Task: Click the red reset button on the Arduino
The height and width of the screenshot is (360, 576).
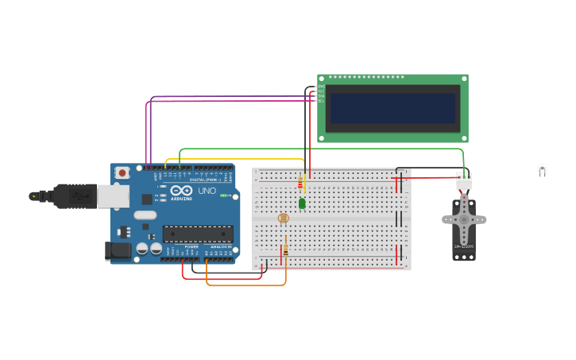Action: coord(122,172)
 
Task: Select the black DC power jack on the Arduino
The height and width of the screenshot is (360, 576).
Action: coord(118,251)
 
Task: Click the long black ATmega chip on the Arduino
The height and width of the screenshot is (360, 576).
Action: coord(198,233)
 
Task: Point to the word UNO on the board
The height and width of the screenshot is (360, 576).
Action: coord(207,191)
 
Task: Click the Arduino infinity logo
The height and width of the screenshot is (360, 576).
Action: coord(180,191)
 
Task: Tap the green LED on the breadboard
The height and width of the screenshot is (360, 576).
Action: coord(302,203)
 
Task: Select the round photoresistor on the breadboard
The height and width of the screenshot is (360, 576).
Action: coord(283,218)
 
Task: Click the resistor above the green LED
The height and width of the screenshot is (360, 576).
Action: coord(300,184)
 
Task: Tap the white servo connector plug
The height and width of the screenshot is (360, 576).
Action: coord(463,183)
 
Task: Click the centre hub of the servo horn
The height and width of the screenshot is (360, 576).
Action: coord(464,219)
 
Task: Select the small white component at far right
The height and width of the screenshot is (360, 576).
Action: coord(542,168)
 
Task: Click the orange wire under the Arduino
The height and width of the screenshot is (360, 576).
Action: coord(246,285)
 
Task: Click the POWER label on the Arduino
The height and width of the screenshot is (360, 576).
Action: coord(191,247)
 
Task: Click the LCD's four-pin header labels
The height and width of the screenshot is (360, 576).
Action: coord(321,94)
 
